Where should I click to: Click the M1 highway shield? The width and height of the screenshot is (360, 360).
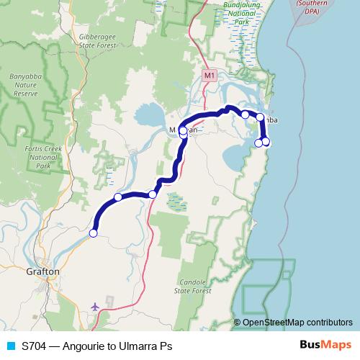click(209, 75)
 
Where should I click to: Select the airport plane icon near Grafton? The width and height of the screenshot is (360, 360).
click(95, 306)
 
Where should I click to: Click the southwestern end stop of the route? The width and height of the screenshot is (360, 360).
click(93, 233)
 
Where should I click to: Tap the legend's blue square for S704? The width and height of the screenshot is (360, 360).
click(9, 346)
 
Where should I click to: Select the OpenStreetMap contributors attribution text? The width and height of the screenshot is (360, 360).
click(297, 323)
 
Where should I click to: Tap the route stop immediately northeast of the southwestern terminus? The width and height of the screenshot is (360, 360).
click(118, 197)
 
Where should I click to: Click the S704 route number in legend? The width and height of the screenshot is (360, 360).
click(35, 346)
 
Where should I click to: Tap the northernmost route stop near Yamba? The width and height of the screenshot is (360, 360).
click(246, 114)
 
